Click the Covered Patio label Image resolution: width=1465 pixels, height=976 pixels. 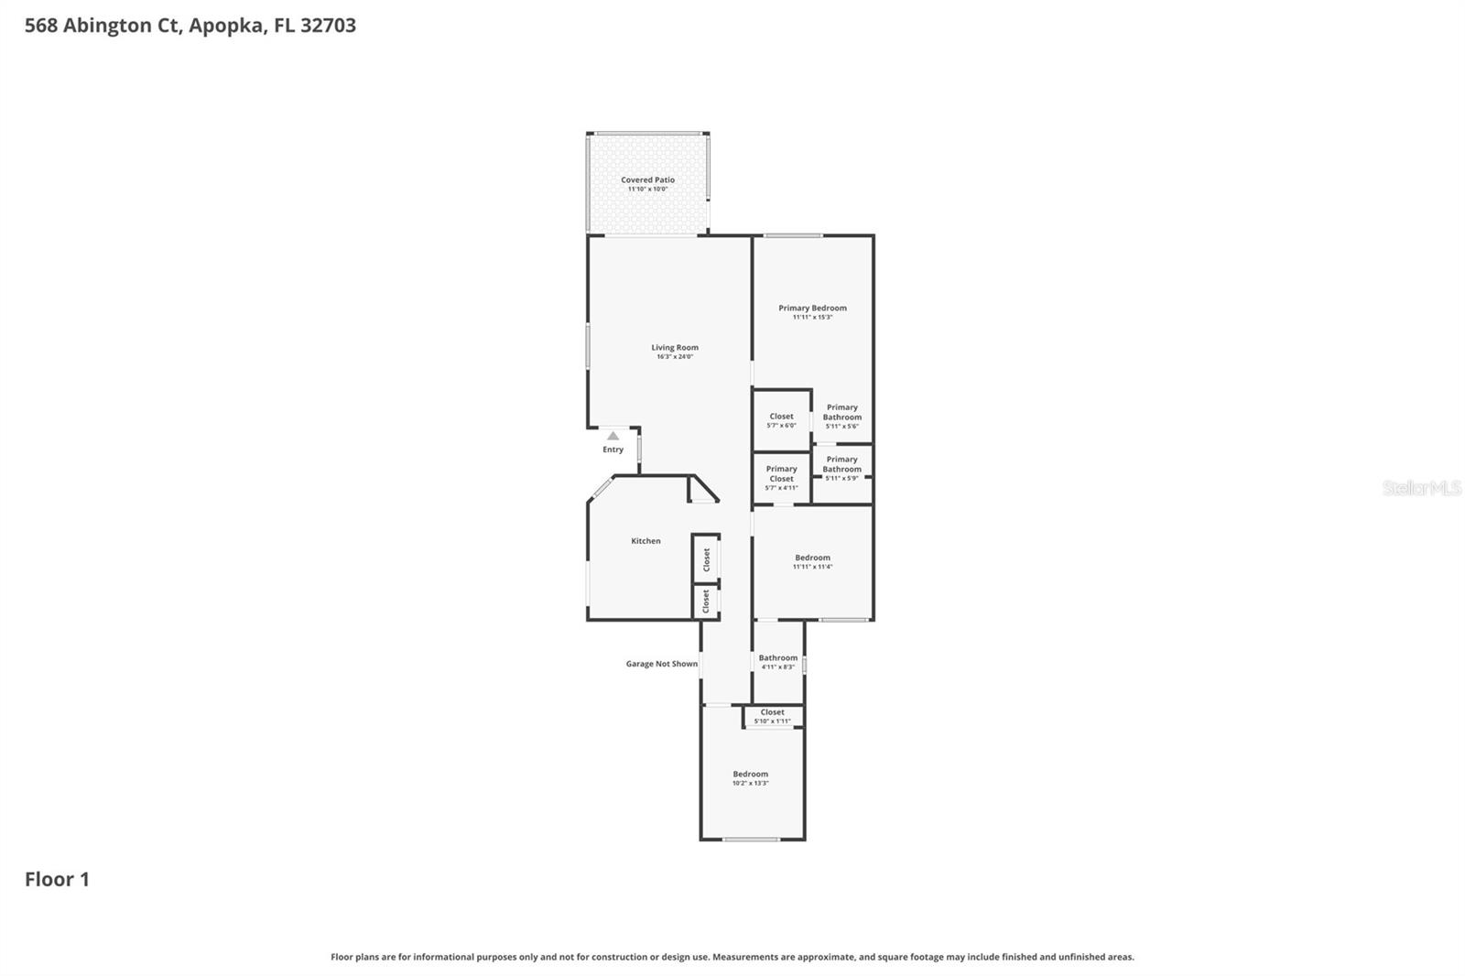click(x=647, y=180)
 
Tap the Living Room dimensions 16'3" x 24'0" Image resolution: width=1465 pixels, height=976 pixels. click(x=675, y=356)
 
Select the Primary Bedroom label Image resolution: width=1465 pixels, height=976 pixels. click(x=812, y=309)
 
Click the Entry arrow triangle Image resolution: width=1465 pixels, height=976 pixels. click(x=613, y=437)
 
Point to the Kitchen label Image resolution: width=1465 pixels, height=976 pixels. click(x=646, y=541)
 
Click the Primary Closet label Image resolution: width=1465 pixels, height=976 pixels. click(x=781, y=473)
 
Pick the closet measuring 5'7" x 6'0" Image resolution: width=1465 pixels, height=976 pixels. click(x=781, y=420)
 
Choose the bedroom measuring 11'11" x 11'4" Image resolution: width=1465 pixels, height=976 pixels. click(x=812, y=561)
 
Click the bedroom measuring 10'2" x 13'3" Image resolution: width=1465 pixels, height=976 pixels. click(x=750, y=777)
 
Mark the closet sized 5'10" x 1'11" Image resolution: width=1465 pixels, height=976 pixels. click(x=772, y=716)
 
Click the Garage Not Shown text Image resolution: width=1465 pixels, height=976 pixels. click(x=661, y=664)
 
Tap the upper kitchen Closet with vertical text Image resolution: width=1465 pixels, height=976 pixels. click(x=706, y=559)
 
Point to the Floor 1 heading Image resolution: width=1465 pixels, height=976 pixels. click(x=57, y=879)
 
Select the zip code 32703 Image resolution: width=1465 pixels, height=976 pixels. click(x=328, y=26)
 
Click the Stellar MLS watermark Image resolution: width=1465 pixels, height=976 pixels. click(x=1421, y=488)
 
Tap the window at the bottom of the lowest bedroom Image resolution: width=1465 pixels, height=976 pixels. click(x=751, y=839)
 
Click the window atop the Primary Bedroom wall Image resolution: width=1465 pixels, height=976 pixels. click(x=793, y=236)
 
